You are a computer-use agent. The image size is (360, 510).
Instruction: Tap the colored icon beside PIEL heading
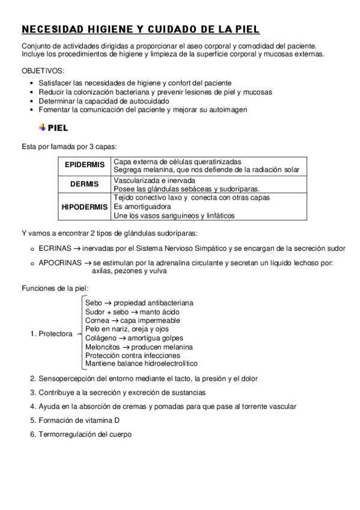point(41,127)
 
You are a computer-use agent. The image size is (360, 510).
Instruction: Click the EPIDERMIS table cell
point(84,165)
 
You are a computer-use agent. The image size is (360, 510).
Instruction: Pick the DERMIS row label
point(84,184)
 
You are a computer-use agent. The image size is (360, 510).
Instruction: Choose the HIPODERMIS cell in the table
point(84,207)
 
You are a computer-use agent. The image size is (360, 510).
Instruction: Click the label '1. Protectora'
point(52,334)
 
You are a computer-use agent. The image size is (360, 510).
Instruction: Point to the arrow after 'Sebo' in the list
point(108,303)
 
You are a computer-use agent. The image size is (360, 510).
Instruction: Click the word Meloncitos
point(102,347)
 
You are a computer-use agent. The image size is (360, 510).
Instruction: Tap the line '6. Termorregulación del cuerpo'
point(81,434)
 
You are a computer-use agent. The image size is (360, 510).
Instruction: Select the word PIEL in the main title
point(244,29)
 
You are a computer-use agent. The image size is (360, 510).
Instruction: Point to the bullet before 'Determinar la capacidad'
point(32,102)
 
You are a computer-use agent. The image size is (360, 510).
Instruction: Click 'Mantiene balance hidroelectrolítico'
point(141,364)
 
